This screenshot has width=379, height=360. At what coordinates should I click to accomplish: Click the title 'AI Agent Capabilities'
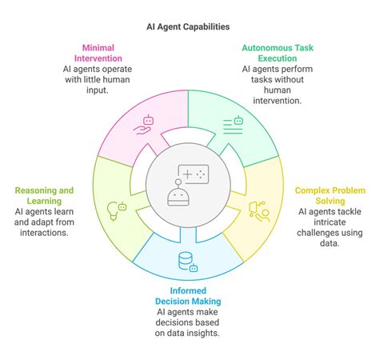coord(189,26)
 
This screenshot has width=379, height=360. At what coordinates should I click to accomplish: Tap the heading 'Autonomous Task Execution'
coord(277,53)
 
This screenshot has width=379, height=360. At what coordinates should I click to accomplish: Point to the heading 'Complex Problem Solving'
coord(330,196)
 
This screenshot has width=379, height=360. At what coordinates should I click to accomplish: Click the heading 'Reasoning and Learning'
coord(44,196)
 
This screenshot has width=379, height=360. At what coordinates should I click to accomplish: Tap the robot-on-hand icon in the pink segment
coord(143,122)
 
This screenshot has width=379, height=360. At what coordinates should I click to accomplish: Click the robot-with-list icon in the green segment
coord(233,122)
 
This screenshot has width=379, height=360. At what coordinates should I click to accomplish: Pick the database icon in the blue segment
coord(186,262)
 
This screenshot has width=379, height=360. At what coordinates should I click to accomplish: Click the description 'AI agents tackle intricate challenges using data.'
coord(330,227)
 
